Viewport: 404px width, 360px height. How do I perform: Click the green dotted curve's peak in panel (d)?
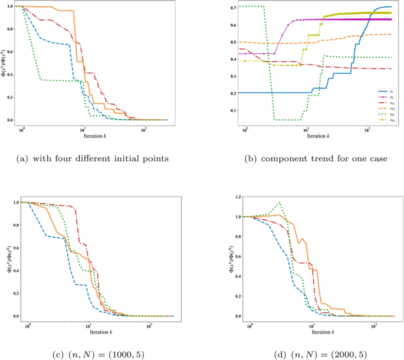280,203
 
